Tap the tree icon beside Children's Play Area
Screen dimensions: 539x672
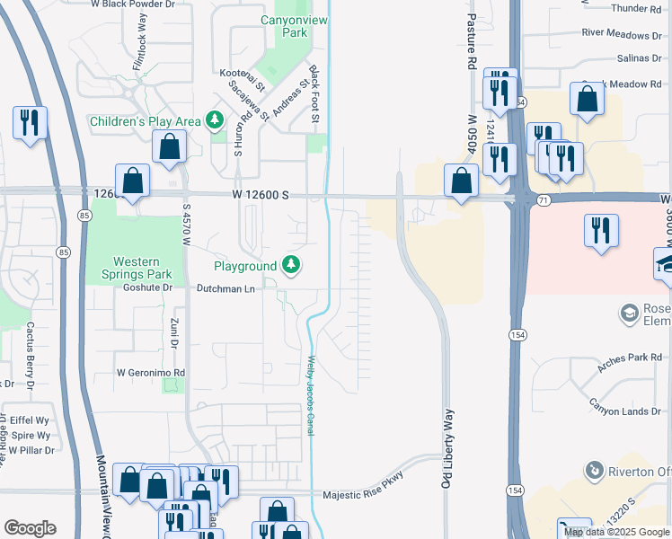pos(214,120)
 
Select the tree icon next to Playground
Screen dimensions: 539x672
pos(290,265)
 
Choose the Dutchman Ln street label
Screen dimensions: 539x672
pos(226,288)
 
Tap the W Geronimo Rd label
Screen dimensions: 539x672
pos(150,372)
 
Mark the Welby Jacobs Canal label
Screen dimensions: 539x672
pos(312,395)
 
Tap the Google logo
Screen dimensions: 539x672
pos(30,528)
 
